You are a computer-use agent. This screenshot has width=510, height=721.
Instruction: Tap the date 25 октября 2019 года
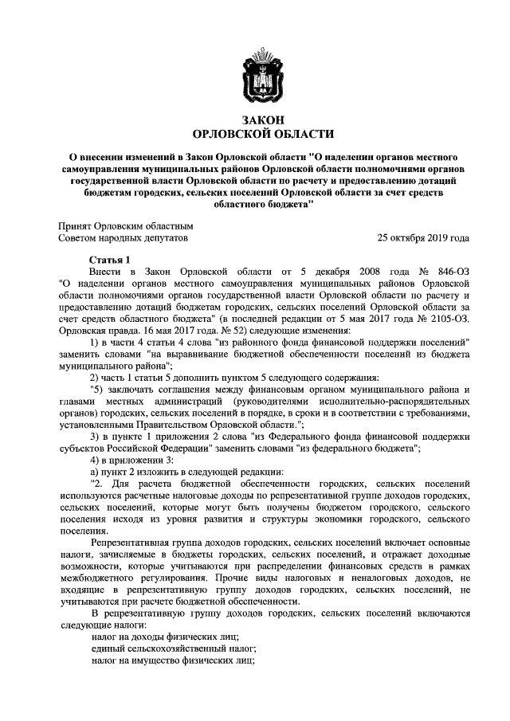tap(423, 238)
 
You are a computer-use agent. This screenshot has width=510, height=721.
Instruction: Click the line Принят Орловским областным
tap(125, 225)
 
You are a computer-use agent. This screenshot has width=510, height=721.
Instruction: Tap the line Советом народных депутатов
tap(123, 238)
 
